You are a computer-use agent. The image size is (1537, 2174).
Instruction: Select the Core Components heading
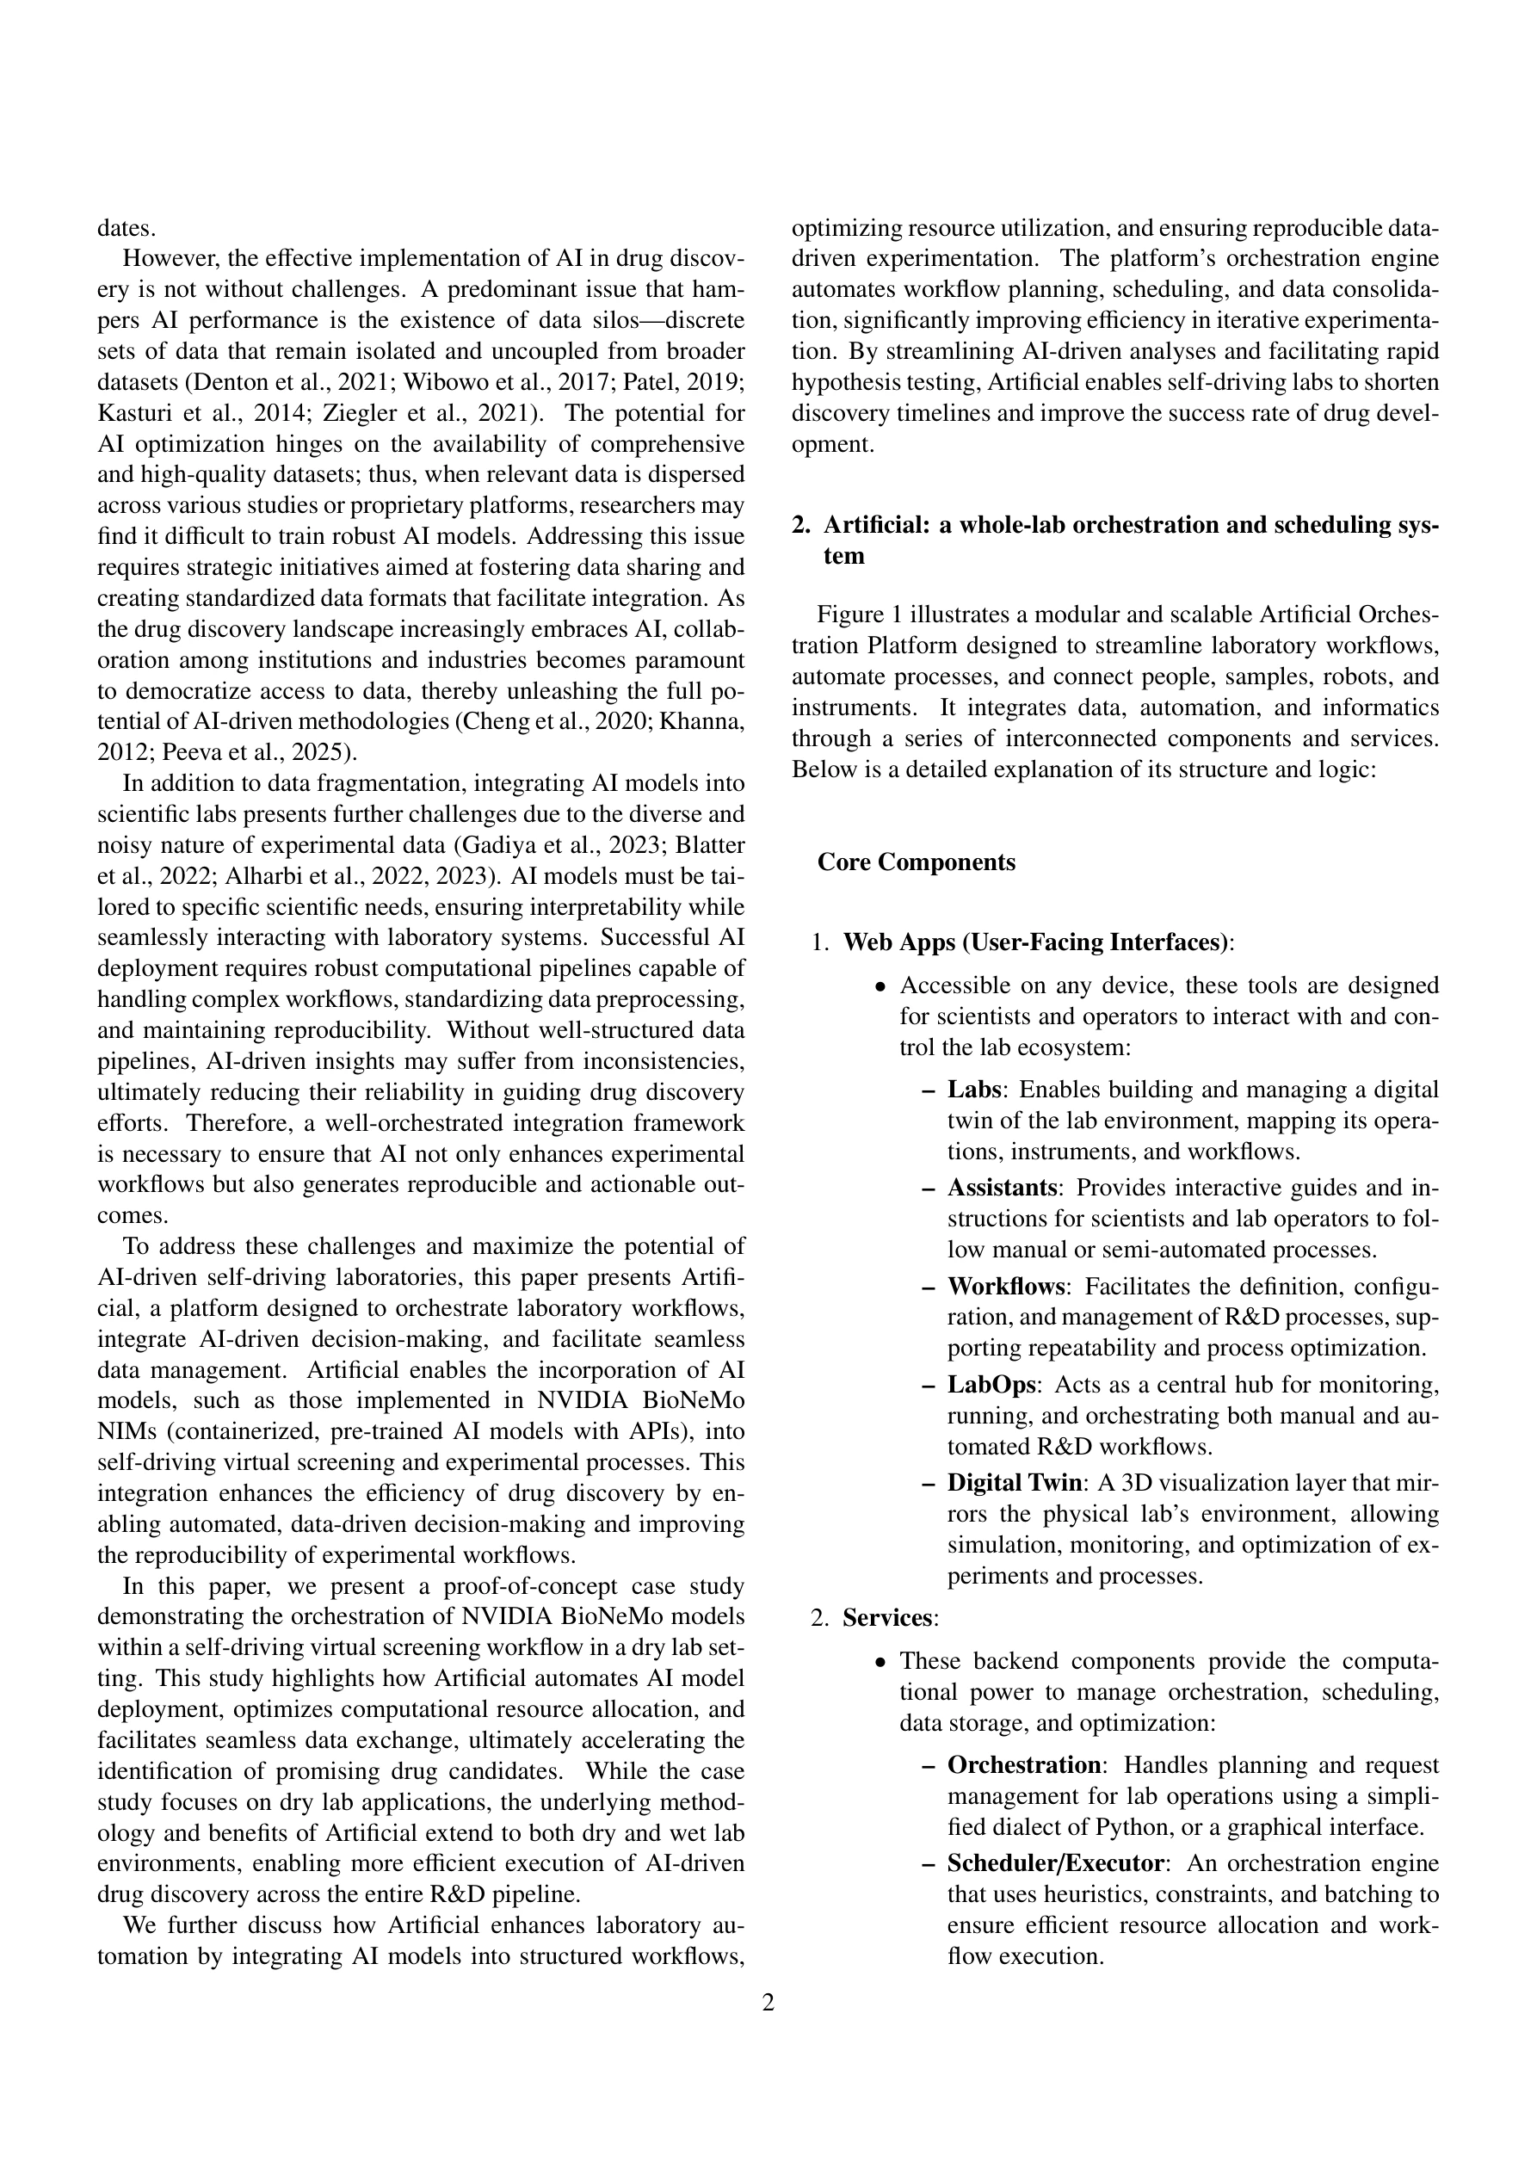tap(916, 862)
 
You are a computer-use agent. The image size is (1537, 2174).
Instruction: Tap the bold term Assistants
tap(1002, 1188)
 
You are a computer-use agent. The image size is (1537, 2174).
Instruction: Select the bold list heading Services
tap(887, 1618)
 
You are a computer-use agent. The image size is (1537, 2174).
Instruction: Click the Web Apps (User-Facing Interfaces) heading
tap(1036, 943)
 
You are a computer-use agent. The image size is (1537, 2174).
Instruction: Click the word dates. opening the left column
tap(127, 228)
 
